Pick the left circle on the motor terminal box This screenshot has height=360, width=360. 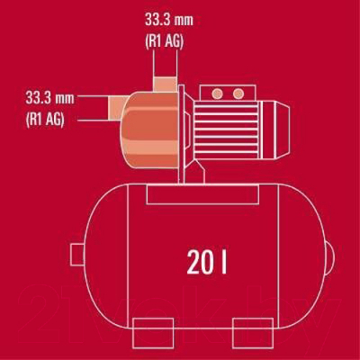215,93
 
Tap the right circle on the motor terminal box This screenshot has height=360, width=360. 239,93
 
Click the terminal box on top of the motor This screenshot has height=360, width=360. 227,94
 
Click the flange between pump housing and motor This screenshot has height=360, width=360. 184,130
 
